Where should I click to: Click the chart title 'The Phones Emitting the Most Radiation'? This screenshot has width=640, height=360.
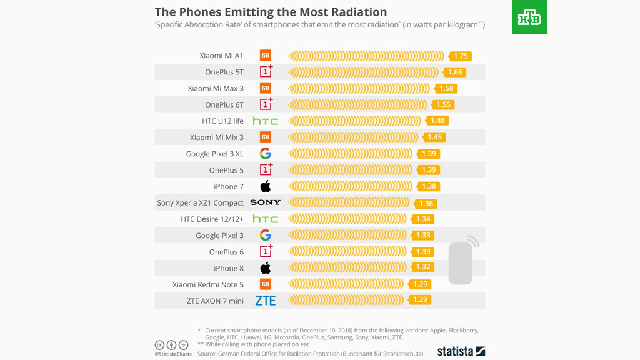(x=271, y=12)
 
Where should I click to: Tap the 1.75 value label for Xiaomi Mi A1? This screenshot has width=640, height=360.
(x=461, y=56)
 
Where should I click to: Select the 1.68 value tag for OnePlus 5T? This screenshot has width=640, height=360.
(x=455, y=72)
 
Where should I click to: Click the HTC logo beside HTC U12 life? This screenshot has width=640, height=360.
(x=266, y=121)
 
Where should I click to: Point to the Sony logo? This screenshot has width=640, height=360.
(x=266, y=202)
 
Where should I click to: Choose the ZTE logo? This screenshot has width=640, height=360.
(x=266, y=301)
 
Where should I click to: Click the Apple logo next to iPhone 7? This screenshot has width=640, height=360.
(x=266, y=186)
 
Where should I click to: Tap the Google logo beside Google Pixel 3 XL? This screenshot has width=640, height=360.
(x=266, y=154)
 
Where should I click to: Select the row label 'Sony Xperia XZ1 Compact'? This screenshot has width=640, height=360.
(x=200, y=202)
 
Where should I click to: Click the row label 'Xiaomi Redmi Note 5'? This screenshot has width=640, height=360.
(x=208, y=284)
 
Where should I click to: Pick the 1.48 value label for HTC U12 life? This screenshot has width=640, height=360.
(x=437, y=121)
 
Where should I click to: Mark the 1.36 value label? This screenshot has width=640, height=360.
(x=426, y=203)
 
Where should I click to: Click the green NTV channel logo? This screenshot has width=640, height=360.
(x=529, y=17)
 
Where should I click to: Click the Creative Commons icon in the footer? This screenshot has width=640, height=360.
(x=159, y=345)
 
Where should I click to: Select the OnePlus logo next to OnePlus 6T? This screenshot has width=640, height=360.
(x=266, y=104)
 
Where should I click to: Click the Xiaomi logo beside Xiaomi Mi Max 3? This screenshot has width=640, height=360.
(x=266, y=88)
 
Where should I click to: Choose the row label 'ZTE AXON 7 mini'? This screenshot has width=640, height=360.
(x=215, y=301)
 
